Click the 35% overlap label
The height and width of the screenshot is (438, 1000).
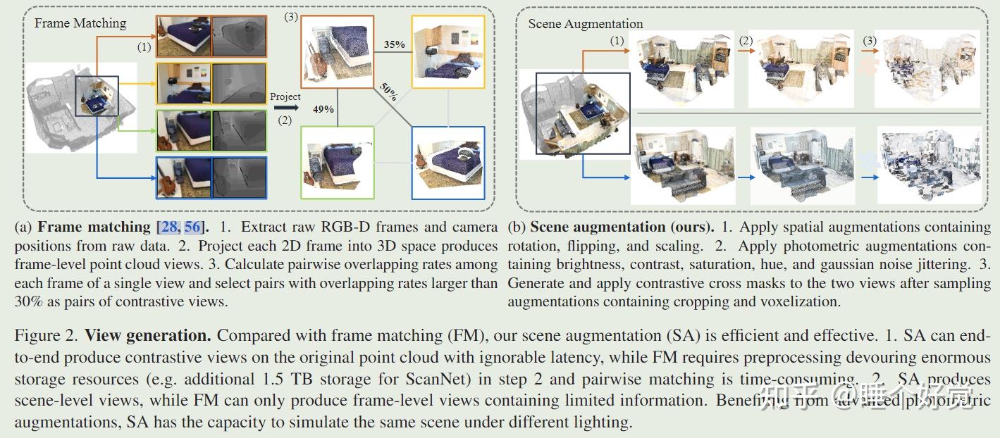(394, 44)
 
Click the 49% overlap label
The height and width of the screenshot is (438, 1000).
(324, 109)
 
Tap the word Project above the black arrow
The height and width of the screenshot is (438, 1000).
(285, 96)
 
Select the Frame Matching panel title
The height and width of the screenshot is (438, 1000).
(80, 23)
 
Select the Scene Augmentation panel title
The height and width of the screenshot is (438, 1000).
(586, 23)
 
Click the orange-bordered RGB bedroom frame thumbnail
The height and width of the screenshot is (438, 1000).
(183, 35)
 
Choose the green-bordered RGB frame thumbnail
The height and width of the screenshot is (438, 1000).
(183, 130)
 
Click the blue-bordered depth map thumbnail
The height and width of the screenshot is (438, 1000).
(240, 177)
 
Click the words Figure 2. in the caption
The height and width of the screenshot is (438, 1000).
(45, 335)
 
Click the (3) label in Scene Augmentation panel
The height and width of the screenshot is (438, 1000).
(870, 41)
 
